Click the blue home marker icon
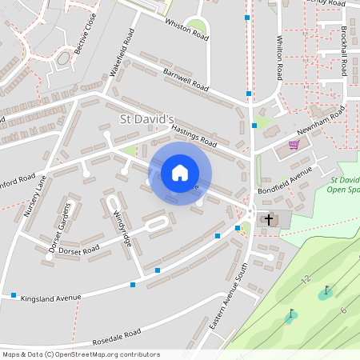click(x=180, y=172)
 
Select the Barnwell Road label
click(x=186, y=80)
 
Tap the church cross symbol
click(x=269, y=218)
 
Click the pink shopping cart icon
click(x=294, y=145)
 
